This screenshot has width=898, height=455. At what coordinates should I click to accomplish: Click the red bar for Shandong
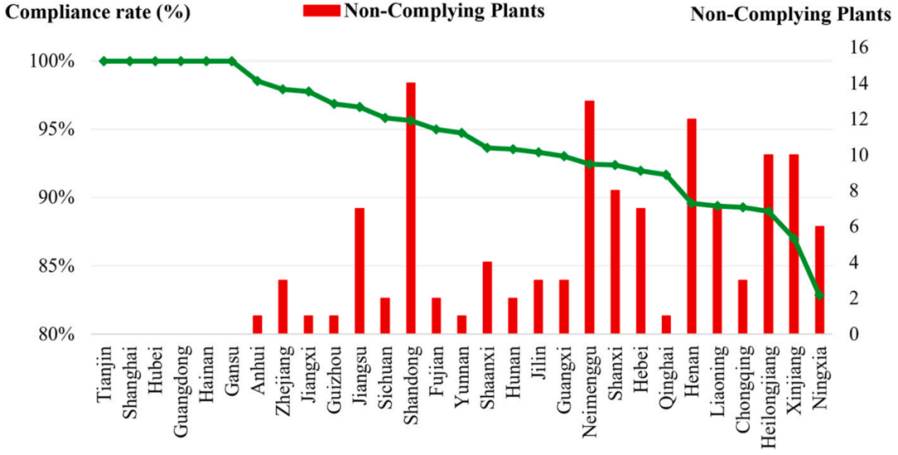tap(411, 208)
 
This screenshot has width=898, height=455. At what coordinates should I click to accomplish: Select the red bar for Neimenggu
tap(590, 217)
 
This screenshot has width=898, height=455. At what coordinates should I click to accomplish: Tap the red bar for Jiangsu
tap(360, 271)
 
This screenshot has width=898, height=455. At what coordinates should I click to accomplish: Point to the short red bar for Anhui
tap(258, 325)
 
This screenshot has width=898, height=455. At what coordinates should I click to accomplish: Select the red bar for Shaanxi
tap(487, 298)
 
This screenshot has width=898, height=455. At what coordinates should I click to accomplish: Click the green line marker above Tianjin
tap(104, 61)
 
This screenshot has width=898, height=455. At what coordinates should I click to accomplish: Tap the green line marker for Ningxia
tap(819, 295)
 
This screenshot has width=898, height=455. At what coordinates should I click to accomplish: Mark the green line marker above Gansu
tap(232, 61)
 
